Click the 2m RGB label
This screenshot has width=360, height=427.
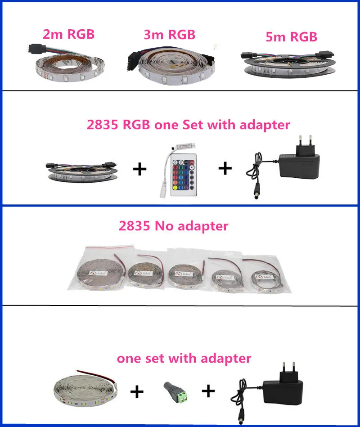pos(68,34)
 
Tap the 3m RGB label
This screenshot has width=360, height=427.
pos(169,35)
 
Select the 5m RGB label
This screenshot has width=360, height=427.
pos(292,37)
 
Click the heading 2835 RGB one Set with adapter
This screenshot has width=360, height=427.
pos(188,125)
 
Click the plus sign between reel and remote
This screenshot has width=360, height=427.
pos(139,169)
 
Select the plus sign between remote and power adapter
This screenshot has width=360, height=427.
pos(225,168)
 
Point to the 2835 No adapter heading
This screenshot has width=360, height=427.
pos(173,226)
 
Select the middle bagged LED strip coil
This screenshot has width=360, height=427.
pos(184,274)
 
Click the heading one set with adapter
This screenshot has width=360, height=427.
pos(184,358)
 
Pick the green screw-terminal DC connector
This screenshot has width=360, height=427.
pos(176,391)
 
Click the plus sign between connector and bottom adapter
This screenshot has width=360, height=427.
pos(208,391)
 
